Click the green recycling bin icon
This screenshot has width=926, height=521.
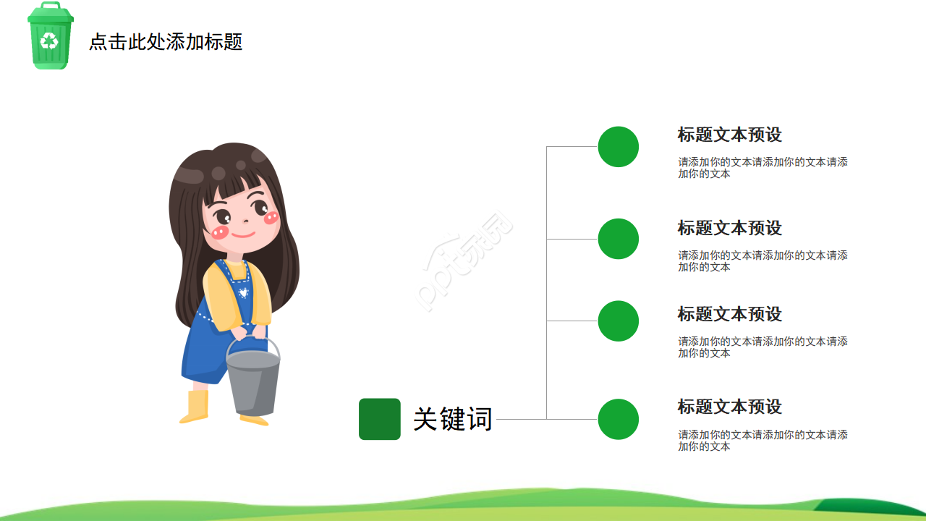[50, 36]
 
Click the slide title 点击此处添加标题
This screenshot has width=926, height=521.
[166, 42]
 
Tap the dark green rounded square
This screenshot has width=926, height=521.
[380, 419]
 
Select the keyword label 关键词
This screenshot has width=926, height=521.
[453, 419]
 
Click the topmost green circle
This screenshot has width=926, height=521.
[619, 147]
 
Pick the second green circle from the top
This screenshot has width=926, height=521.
[619, 239]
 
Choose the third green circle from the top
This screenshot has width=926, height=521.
[619, 321]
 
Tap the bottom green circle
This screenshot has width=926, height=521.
[619, 419]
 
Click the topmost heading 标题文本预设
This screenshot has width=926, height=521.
[729, 135]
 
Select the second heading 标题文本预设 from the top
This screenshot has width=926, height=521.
[729, 228]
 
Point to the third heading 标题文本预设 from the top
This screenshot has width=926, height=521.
[729, 314]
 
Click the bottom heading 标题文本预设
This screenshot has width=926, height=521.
[729, 407]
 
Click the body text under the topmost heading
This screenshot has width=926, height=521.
[763, 168]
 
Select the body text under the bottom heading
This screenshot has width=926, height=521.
[763, 441]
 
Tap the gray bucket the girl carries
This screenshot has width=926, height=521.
[253, 380]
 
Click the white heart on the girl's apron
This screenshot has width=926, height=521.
[244, 293]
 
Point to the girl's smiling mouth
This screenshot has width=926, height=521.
[243, 234]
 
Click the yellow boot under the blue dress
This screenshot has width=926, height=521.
[195, 407]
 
